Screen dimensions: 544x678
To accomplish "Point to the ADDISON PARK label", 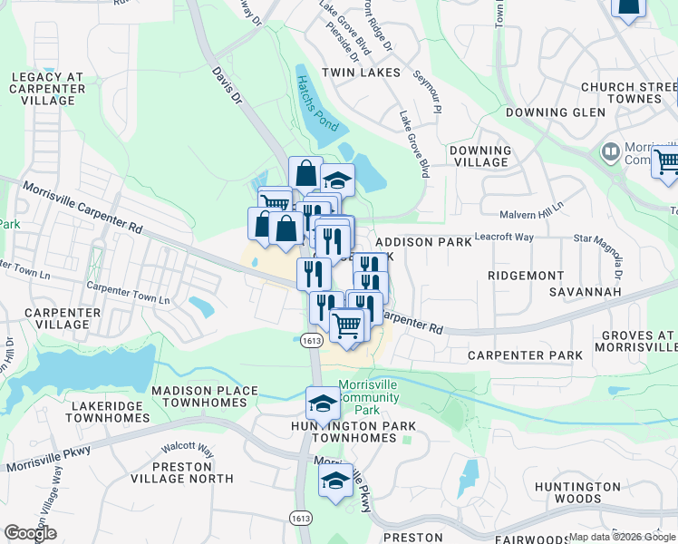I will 423,242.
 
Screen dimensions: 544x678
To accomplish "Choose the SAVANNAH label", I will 586,292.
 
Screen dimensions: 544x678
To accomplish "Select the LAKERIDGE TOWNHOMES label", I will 107,411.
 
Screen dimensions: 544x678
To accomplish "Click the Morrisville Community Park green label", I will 369,397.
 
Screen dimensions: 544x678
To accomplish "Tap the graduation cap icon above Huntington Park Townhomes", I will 324,403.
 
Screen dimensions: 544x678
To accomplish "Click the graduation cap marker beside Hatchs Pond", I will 337,180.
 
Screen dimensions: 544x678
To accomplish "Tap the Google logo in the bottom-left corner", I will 30,533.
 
